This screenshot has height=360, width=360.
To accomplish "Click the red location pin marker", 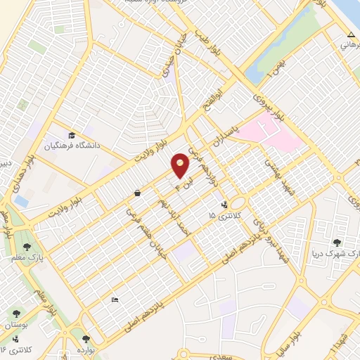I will (181, 165).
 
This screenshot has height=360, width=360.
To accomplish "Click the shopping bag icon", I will (136, 192).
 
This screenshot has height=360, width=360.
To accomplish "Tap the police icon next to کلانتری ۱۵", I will (224, 205).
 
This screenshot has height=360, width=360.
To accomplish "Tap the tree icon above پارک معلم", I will (27, 246).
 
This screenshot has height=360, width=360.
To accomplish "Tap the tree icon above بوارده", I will (86, 339).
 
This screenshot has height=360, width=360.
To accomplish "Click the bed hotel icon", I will (115, 300).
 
